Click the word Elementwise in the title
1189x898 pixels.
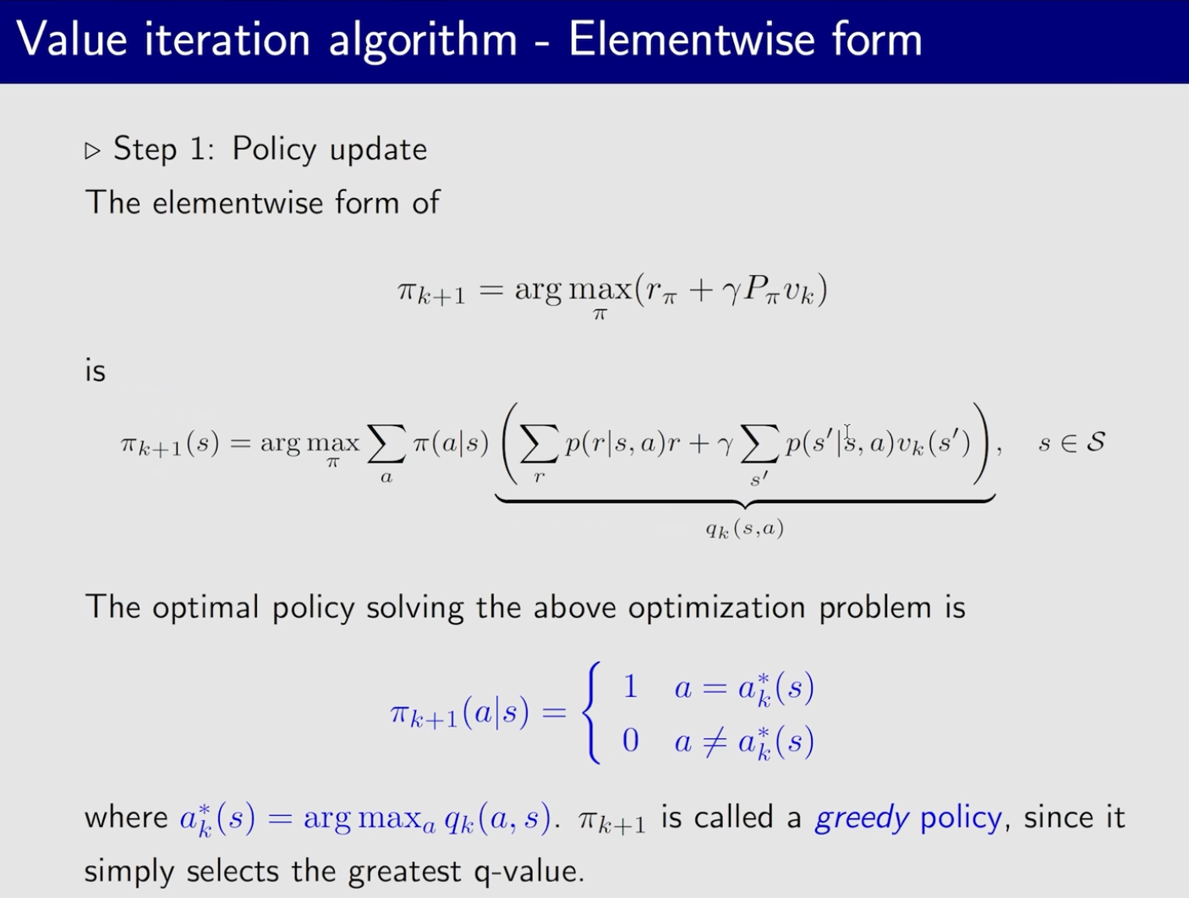[691, 40]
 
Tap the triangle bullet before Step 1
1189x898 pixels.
[93, 151]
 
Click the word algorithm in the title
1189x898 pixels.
[423, 41]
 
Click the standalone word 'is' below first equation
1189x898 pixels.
[96, 371]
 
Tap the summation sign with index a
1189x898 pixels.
[386, 444]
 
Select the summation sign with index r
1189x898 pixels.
[539, 444]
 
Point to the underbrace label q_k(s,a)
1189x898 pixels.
[745, 528]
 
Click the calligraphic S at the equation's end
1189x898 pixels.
[1095, 442]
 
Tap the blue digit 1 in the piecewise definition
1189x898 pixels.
[630, 687]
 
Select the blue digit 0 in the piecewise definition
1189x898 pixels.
[630, 741]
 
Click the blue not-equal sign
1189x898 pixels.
[715, 741]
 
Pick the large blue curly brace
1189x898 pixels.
[591, 713]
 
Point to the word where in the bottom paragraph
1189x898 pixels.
[126, 818]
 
